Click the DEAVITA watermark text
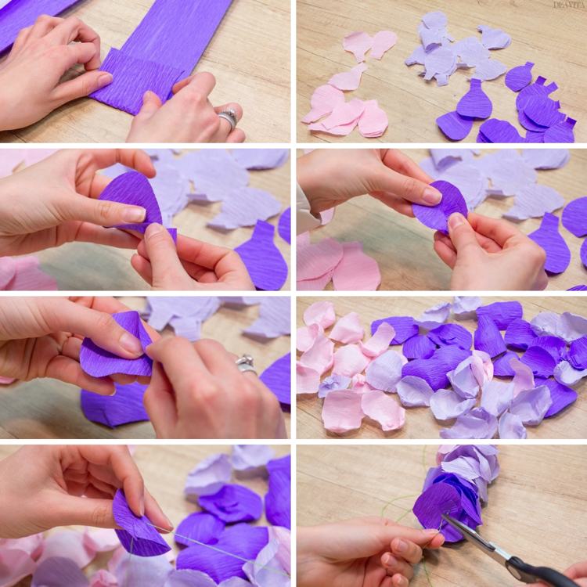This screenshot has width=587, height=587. (x=569, y=5)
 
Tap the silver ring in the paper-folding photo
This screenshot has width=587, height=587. (x=228, y=118)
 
